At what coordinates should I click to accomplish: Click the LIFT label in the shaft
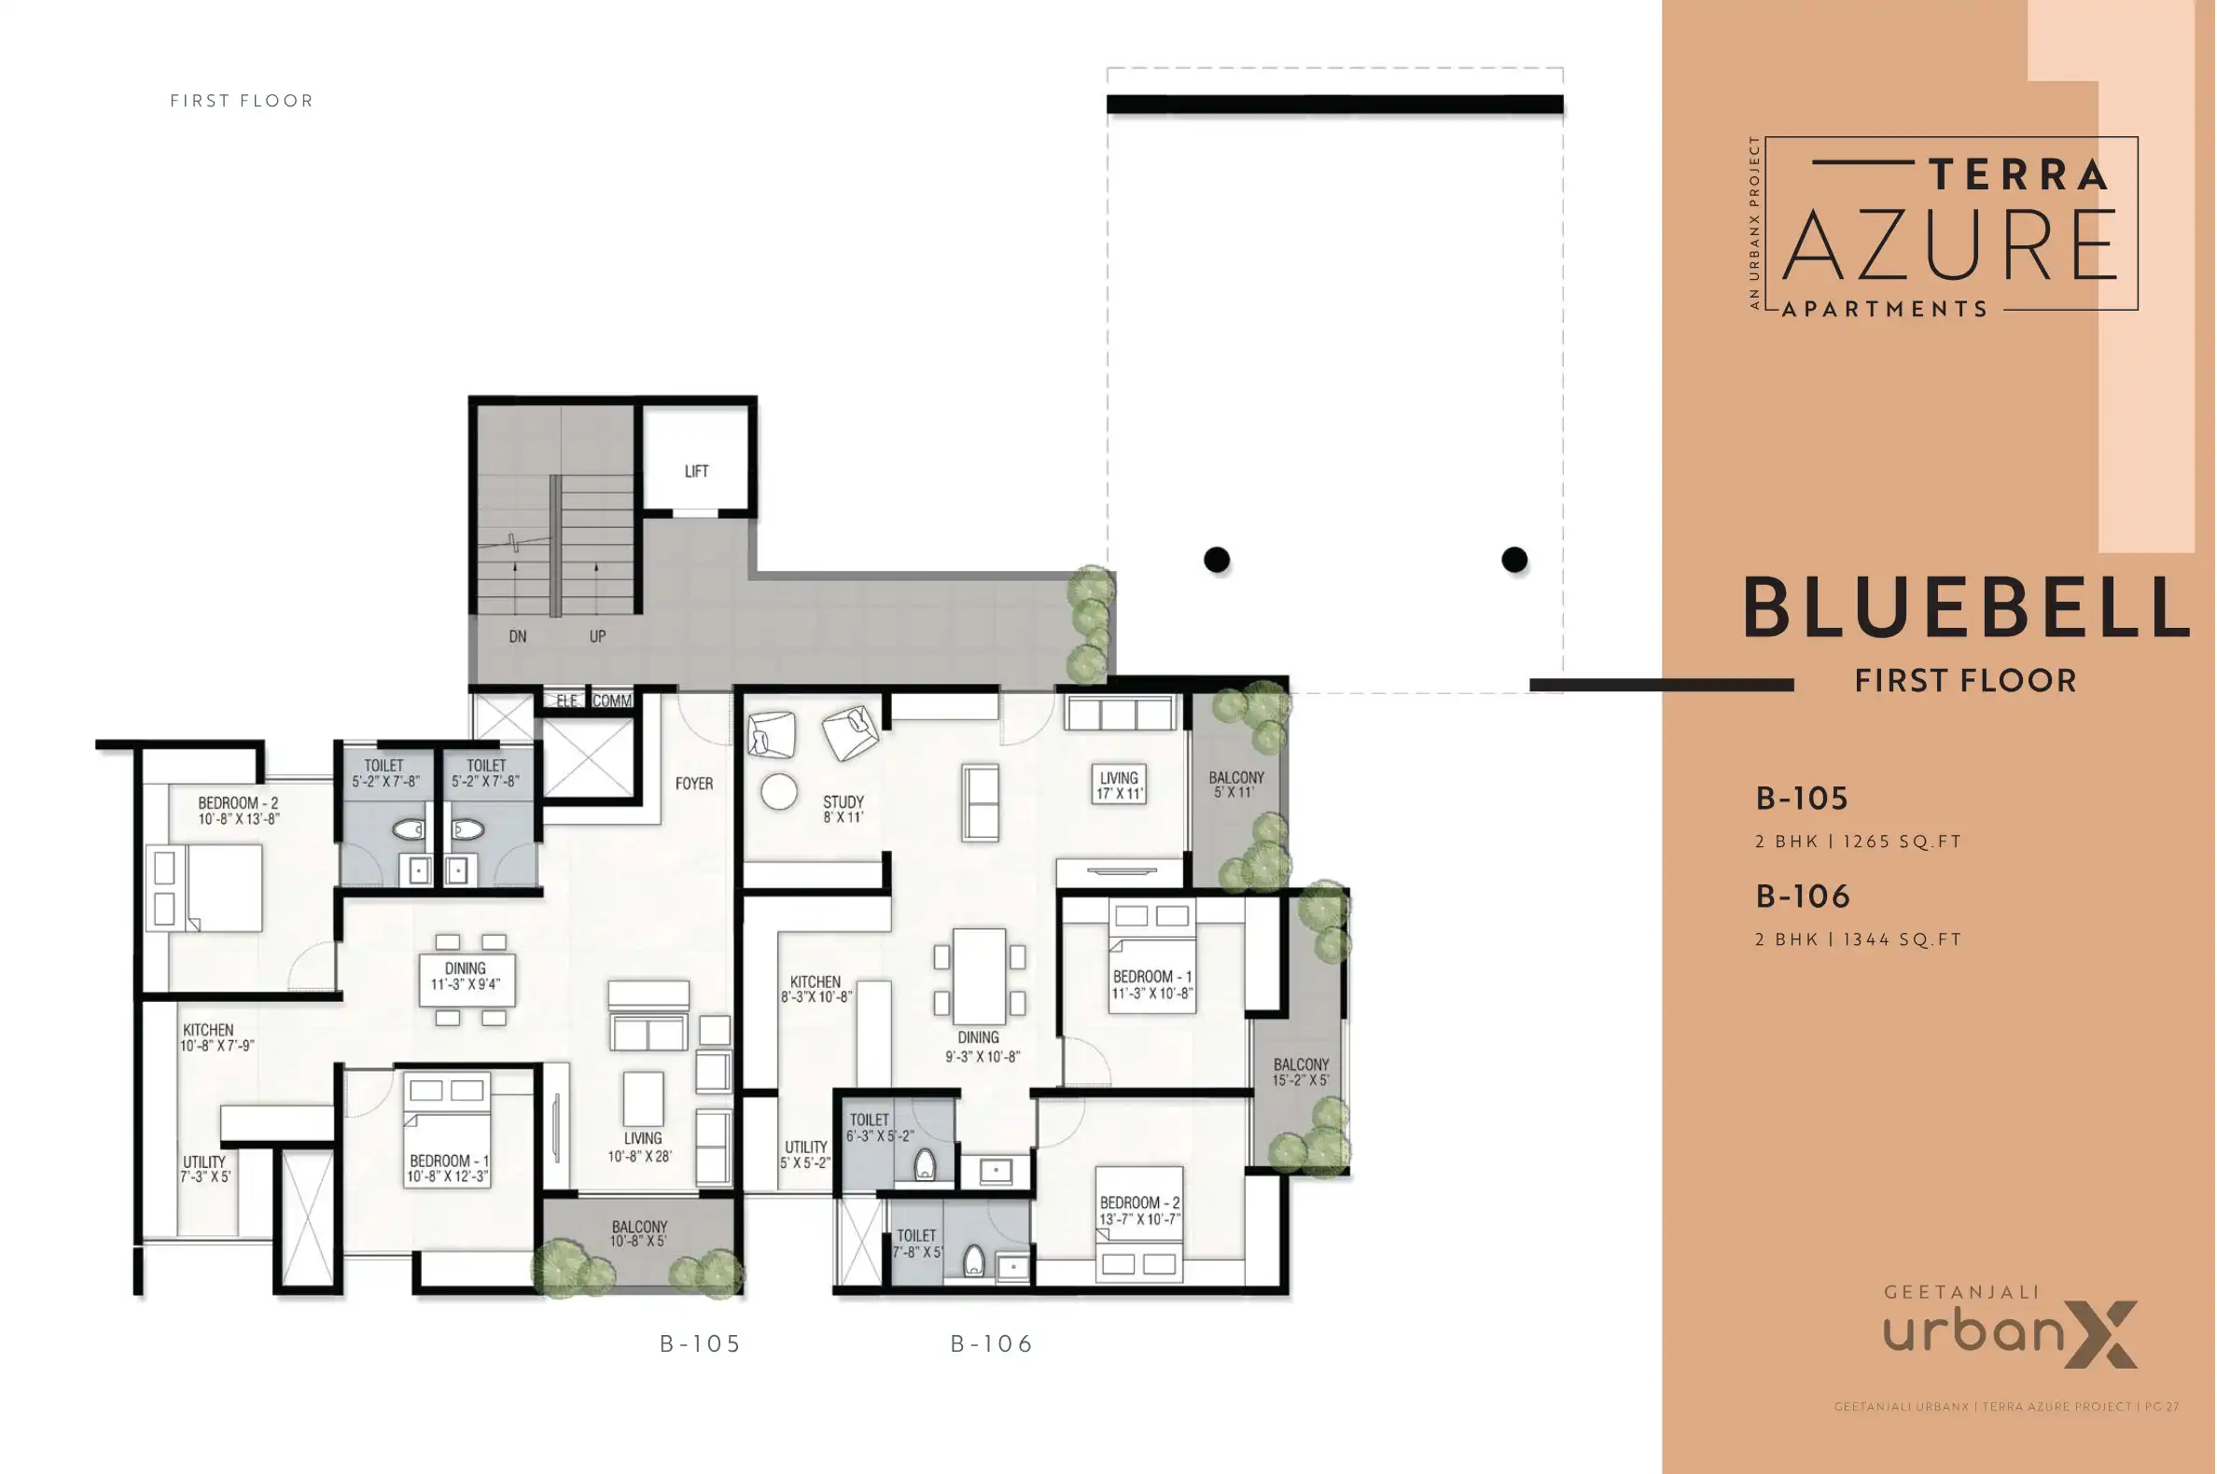point(697,471)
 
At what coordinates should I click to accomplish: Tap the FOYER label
point(694,783)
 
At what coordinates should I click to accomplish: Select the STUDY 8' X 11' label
point(843,810)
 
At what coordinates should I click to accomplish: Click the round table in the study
point(778,791)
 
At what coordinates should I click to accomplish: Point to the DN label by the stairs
point(517,636)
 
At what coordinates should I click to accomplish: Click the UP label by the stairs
point(597,636)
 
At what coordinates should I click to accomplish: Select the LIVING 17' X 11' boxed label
point(1118,785)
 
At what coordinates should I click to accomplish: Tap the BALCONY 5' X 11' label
point(1235,784)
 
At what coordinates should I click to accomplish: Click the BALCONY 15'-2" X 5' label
point(1301,1072)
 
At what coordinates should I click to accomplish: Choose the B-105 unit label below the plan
point(701,1344)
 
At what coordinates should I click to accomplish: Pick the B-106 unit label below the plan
point(992,1344)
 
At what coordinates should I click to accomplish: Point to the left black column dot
point(1217,560)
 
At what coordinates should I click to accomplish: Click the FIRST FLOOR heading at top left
point(242,101)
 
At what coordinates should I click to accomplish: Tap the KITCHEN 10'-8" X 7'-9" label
point(217,1036)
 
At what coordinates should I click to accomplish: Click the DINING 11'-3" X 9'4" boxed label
point(466,976)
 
